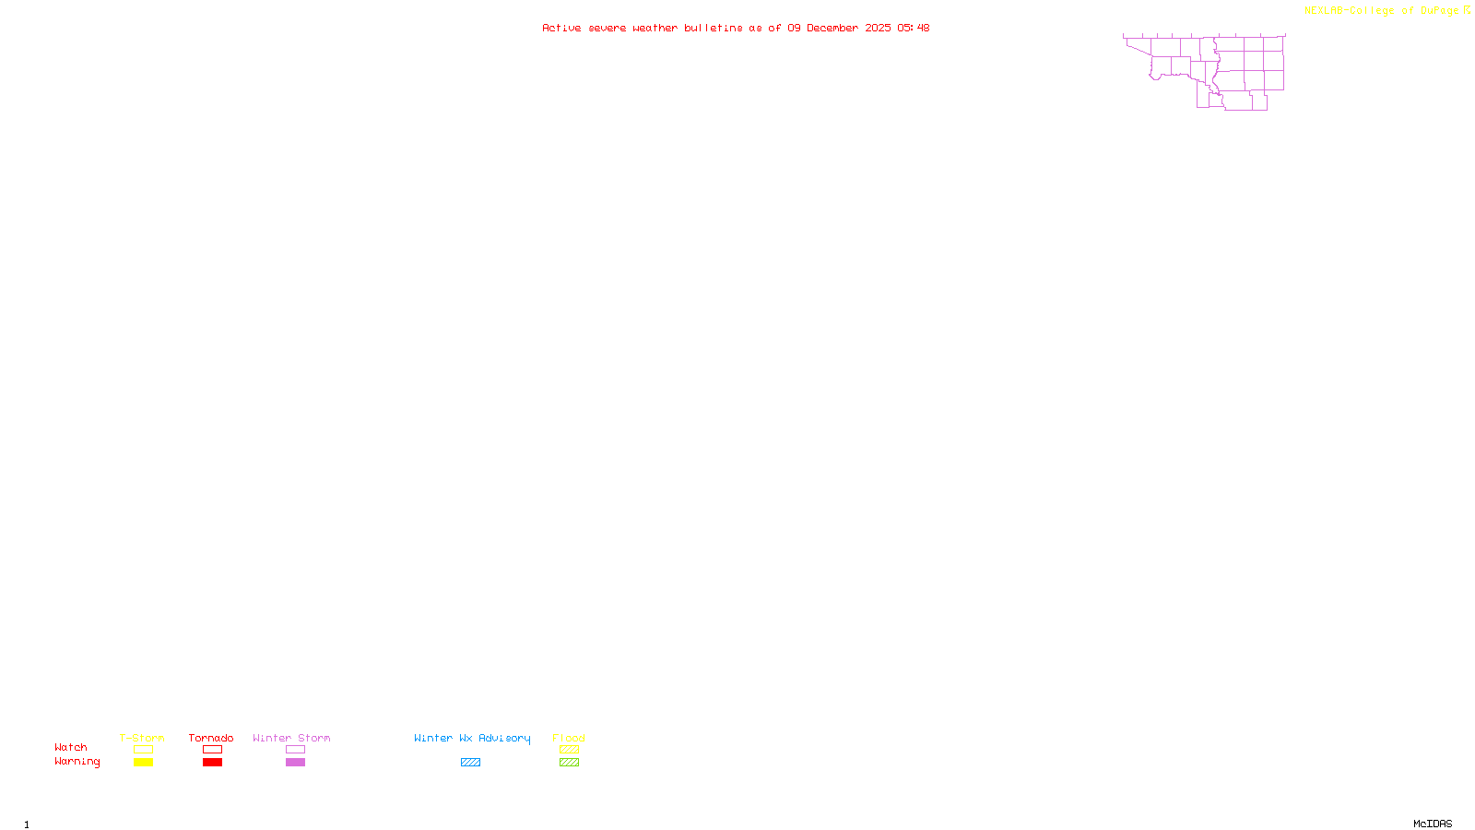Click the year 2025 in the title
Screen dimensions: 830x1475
tap(878, 29)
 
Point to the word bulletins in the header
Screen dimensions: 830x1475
tap(713, 29)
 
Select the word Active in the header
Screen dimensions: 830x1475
tap(561, 29)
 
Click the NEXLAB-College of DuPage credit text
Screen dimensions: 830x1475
tap(1381, 11)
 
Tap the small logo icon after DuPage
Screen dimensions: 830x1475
tap(1467, 10)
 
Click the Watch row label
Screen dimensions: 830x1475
tap(71, 748)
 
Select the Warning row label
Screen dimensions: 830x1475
tap(77, 762)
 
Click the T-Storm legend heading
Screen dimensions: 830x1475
tap(142, 738)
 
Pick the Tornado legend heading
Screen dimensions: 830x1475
tap(211, 738)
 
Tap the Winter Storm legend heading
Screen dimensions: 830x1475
tap(291, 738)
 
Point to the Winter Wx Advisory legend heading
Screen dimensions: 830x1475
tap(472, 738)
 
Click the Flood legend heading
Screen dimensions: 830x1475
tap(569, 738)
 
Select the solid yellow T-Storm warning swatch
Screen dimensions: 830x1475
tap(143, 763)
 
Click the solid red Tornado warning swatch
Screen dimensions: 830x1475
tap(212, 763)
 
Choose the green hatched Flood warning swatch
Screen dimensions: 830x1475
tap(569, 763)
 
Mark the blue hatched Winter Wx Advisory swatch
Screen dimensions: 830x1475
tap(470, 763)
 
